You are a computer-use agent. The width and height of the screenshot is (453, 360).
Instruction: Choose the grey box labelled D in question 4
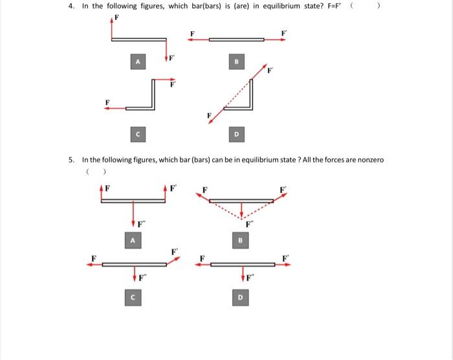[x=236, y=134]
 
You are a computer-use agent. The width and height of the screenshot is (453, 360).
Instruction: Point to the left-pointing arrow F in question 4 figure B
[x=197, y=39]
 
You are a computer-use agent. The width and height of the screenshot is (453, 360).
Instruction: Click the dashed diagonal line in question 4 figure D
[x=236, y=97]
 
